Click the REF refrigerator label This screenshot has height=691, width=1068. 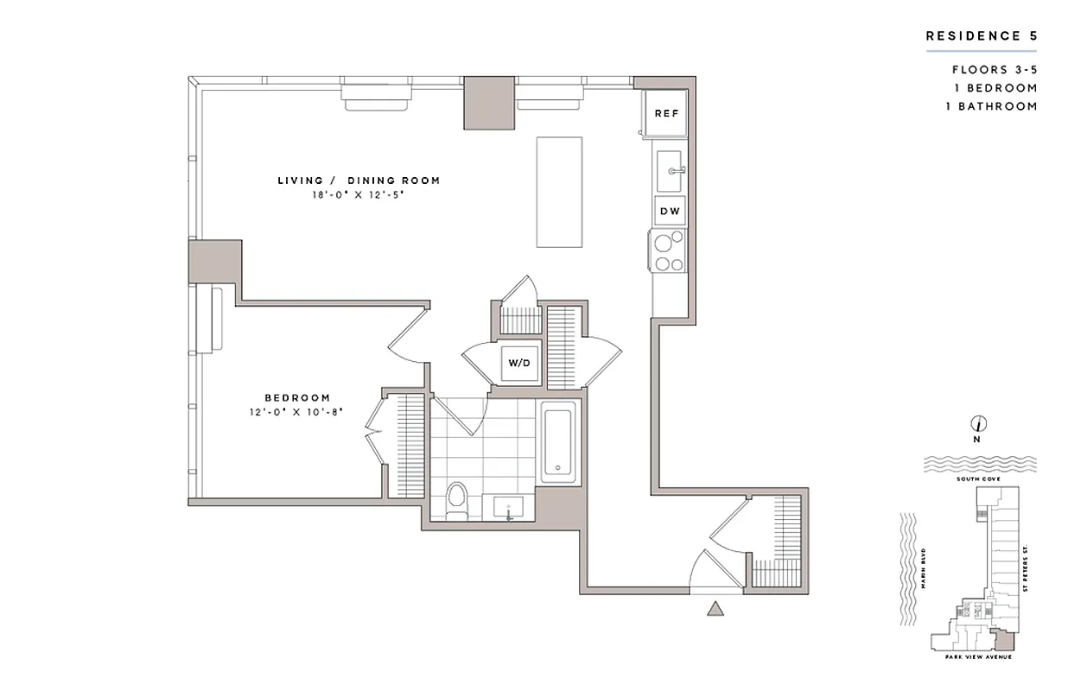click(x=665, y=113)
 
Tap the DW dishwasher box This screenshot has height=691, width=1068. click(x=669, y=211)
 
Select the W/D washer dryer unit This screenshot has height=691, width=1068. click(x=519, y=364)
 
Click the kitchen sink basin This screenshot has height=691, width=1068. click(x=670, y=170)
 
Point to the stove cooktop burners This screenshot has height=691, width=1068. click(x=668, y=250)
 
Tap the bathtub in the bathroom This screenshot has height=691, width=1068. click(x=559, y=442)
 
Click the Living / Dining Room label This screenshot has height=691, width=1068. click(x=359, y=181)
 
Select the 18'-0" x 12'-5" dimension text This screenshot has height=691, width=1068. click(x=359, y=195)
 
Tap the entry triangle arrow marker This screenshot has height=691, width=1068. click(x=715, y=610)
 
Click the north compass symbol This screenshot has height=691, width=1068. click(x=979, y=424)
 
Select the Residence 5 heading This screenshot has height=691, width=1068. click(x=981, y=36)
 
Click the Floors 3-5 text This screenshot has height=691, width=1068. click(x=995, y=70)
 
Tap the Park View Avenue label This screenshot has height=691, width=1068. click(x=977, y=656)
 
